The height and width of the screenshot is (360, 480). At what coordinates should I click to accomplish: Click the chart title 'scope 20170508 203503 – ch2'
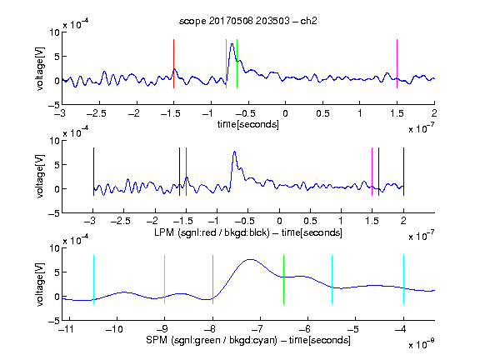pyautogui.click(x=248, y=21)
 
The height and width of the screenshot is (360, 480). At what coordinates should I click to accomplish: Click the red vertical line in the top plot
pyautogui.click(x=173, y=63)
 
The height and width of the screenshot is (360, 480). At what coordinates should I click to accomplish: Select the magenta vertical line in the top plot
pyautogui.click(x=397, y=63)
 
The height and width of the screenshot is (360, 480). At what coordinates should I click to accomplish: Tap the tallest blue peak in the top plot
pyautogui.click(x=232, y=44)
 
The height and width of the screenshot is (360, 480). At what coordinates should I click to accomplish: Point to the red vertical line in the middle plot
pyautogui.click(x=186, y=172)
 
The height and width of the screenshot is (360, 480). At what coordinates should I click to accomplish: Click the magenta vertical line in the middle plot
pyautogui.click(x=372, y=172)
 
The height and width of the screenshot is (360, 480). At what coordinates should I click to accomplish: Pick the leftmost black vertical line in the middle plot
pyautogui.click(x=93, y=172)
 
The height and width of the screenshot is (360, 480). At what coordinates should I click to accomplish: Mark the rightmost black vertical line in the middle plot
pyautogui.click(x=403, y=172)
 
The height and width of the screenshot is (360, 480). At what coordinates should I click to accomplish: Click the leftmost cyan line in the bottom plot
pyautogui.click(x=93, y=279)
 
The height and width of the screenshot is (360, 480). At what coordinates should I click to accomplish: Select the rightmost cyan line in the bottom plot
pyautogui.click(x=403, y=279)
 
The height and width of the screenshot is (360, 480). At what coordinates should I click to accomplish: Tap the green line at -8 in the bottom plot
pyautogui.click(x=212, y=279)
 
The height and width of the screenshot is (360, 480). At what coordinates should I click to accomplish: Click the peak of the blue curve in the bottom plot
pyautogui.click(x=250, y=260)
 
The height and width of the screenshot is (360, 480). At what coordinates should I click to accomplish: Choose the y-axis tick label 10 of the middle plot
pyautogui.click(x=54, y=141)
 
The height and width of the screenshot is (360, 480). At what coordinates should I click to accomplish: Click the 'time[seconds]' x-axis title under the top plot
pyautogui.click(x=248, y=124)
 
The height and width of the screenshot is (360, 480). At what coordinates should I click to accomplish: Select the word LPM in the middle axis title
pyautogui.click(x=164, y=232)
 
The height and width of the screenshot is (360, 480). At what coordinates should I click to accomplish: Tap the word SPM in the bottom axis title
pyautogui.click(x=157, y=340)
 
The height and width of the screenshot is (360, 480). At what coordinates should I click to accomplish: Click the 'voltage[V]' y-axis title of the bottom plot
pyautogui.click(x=40, y=284)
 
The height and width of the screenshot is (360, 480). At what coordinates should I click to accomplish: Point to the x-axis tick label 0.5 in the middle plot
pyautogui.click(x=310, y=221)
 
